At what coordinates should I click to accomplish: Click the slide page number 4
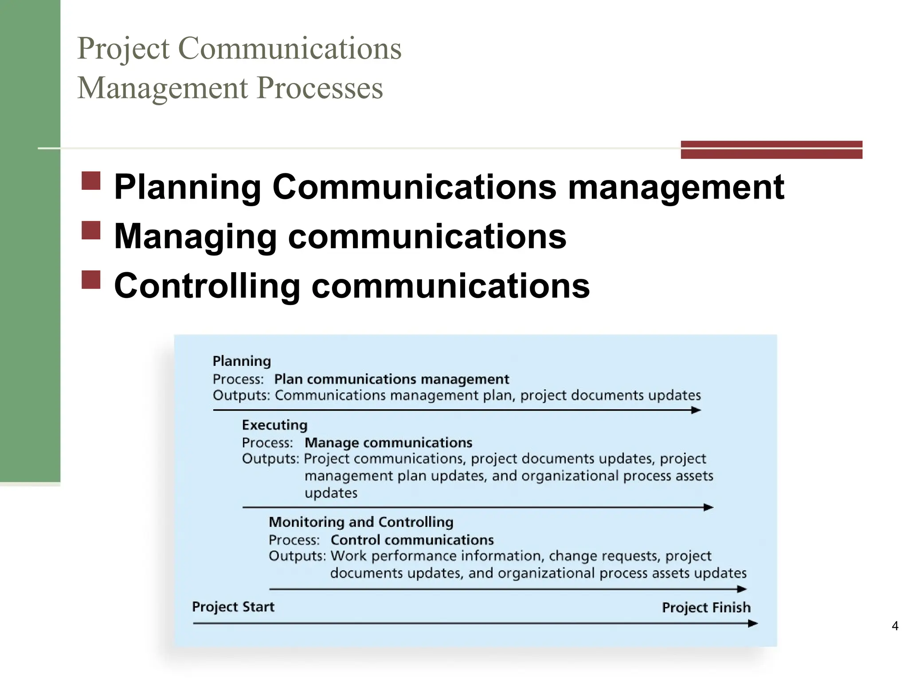tap(895, 626)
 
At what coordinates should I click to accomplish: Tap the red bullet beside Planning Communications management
tap(91, 181)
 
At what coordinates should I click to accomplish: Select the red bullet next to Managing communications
tap(91, 230)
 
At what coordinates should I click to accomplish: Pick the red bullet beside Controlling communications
tap(91, 280)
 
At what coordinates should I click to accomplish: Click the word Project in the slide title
tap(123, 49)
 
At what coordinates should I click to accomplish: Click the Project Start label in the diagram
tap(233, 607)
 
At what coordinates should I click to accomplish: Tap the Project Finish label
tap(706, 607)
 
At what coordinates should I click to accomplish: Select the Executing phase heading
tap(274, 425)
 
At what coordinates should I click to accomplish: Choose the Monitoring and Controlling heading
tap(361, 522)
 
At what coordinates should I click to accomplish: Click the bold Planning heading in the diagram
tap(242, 361)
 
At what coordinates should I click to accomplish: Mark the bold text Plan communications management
tap(391, 379)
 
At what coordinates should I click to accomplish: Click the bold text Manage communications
tap(388, 442)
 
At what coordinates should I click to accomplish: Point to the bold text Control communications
tap(412, 540)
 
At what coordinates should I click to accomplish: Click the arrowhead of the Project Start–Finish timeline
tap(753, 624)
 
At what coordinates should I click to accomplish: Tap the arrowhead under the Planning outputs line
tap(696, 410)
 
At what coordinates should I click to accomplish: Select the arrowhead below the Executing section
tap(708, 507)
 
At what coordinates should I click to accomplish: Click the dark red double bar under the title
tap(771, 149)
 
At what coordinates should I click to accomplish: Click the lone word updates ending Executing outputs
tap(331, 493)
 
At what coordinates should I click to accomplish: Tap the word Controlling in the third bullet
tap(207, 286)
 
